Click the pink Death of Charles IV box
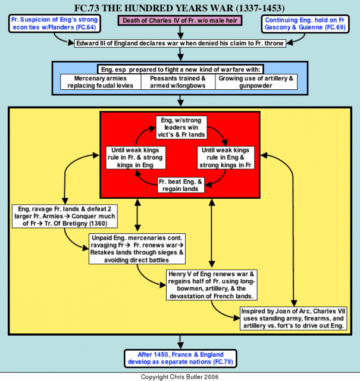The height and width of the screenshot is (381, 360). (x=180, y=21)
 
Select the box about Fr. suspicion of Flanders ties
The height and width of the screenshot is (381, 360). (x=55, y=24)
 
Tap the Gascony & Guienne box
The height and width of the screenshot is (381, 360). (x=305, y=24)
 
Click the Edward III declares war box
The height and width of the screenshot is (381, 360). (x=180, y=43)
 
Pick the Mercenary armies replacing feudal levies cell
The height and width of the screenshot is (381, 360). (x=101, y=82)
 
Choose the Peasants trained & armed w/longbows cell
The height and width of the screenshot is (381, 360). (x=178, y=82)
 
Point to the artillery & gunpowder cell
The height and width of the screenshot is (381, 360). (x=256, y=82)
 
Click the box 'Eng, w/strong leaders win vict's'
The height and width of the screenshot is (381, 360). (x=181, y=127)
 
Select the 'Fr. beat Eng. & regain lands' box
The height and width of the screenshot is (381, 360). (x=181, y=185)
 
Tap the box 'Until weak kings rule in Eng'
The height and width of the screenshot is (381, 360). (x=226, y=158)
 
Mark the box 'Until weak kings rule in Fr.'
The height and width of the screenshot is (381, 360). (x=136, y=158)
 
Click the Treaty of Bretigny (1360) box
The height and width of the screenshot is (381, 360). (x=65, y=216)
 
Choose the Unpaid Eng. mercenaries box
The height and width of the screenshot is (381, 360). (x=137, y=249)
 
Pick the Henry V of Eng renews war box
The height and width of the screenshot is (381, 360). (x=212, y=285)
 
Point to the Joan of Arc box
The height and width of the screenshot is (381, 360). (x=293, y=318)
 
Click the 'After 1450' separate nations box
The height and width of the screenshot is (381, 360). (x=180, y=358)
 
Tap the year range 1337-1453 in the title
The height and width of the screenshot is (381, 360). (x=260, y=8)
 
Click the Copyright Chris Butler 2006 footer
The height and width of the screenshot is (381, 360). (x=180, y=377)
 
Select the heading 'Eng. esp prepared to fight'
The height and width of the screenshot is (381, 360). (x=180, y=70)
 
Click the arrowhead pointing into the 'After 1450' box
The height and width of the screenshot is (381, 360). (x=180, y=346)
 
